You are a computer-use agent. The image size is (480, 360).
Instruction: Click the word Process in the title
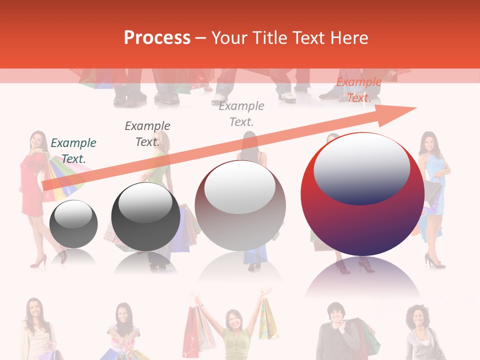click(157, 38)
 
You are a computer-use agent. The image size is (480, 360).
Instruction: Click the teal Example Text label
click(73, 150)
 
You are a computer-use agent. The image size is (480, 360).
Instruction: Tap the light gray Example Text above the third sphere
click(241, 113)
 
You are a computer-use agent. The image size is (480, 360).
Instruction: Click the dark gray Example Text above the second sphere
click(147, 133)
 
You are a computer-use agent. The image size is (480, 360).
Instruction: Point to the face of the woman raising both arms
click(233, 318)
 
